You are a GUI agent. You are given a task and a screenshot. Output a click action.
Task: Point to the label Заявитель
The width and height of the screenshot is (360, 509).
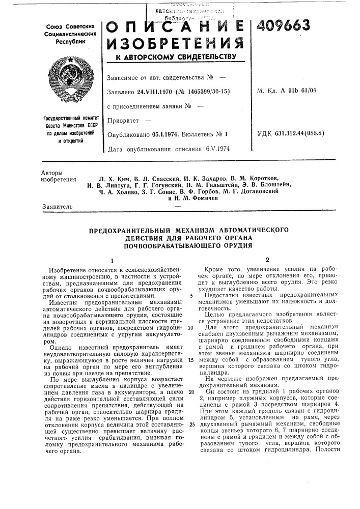56,206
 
